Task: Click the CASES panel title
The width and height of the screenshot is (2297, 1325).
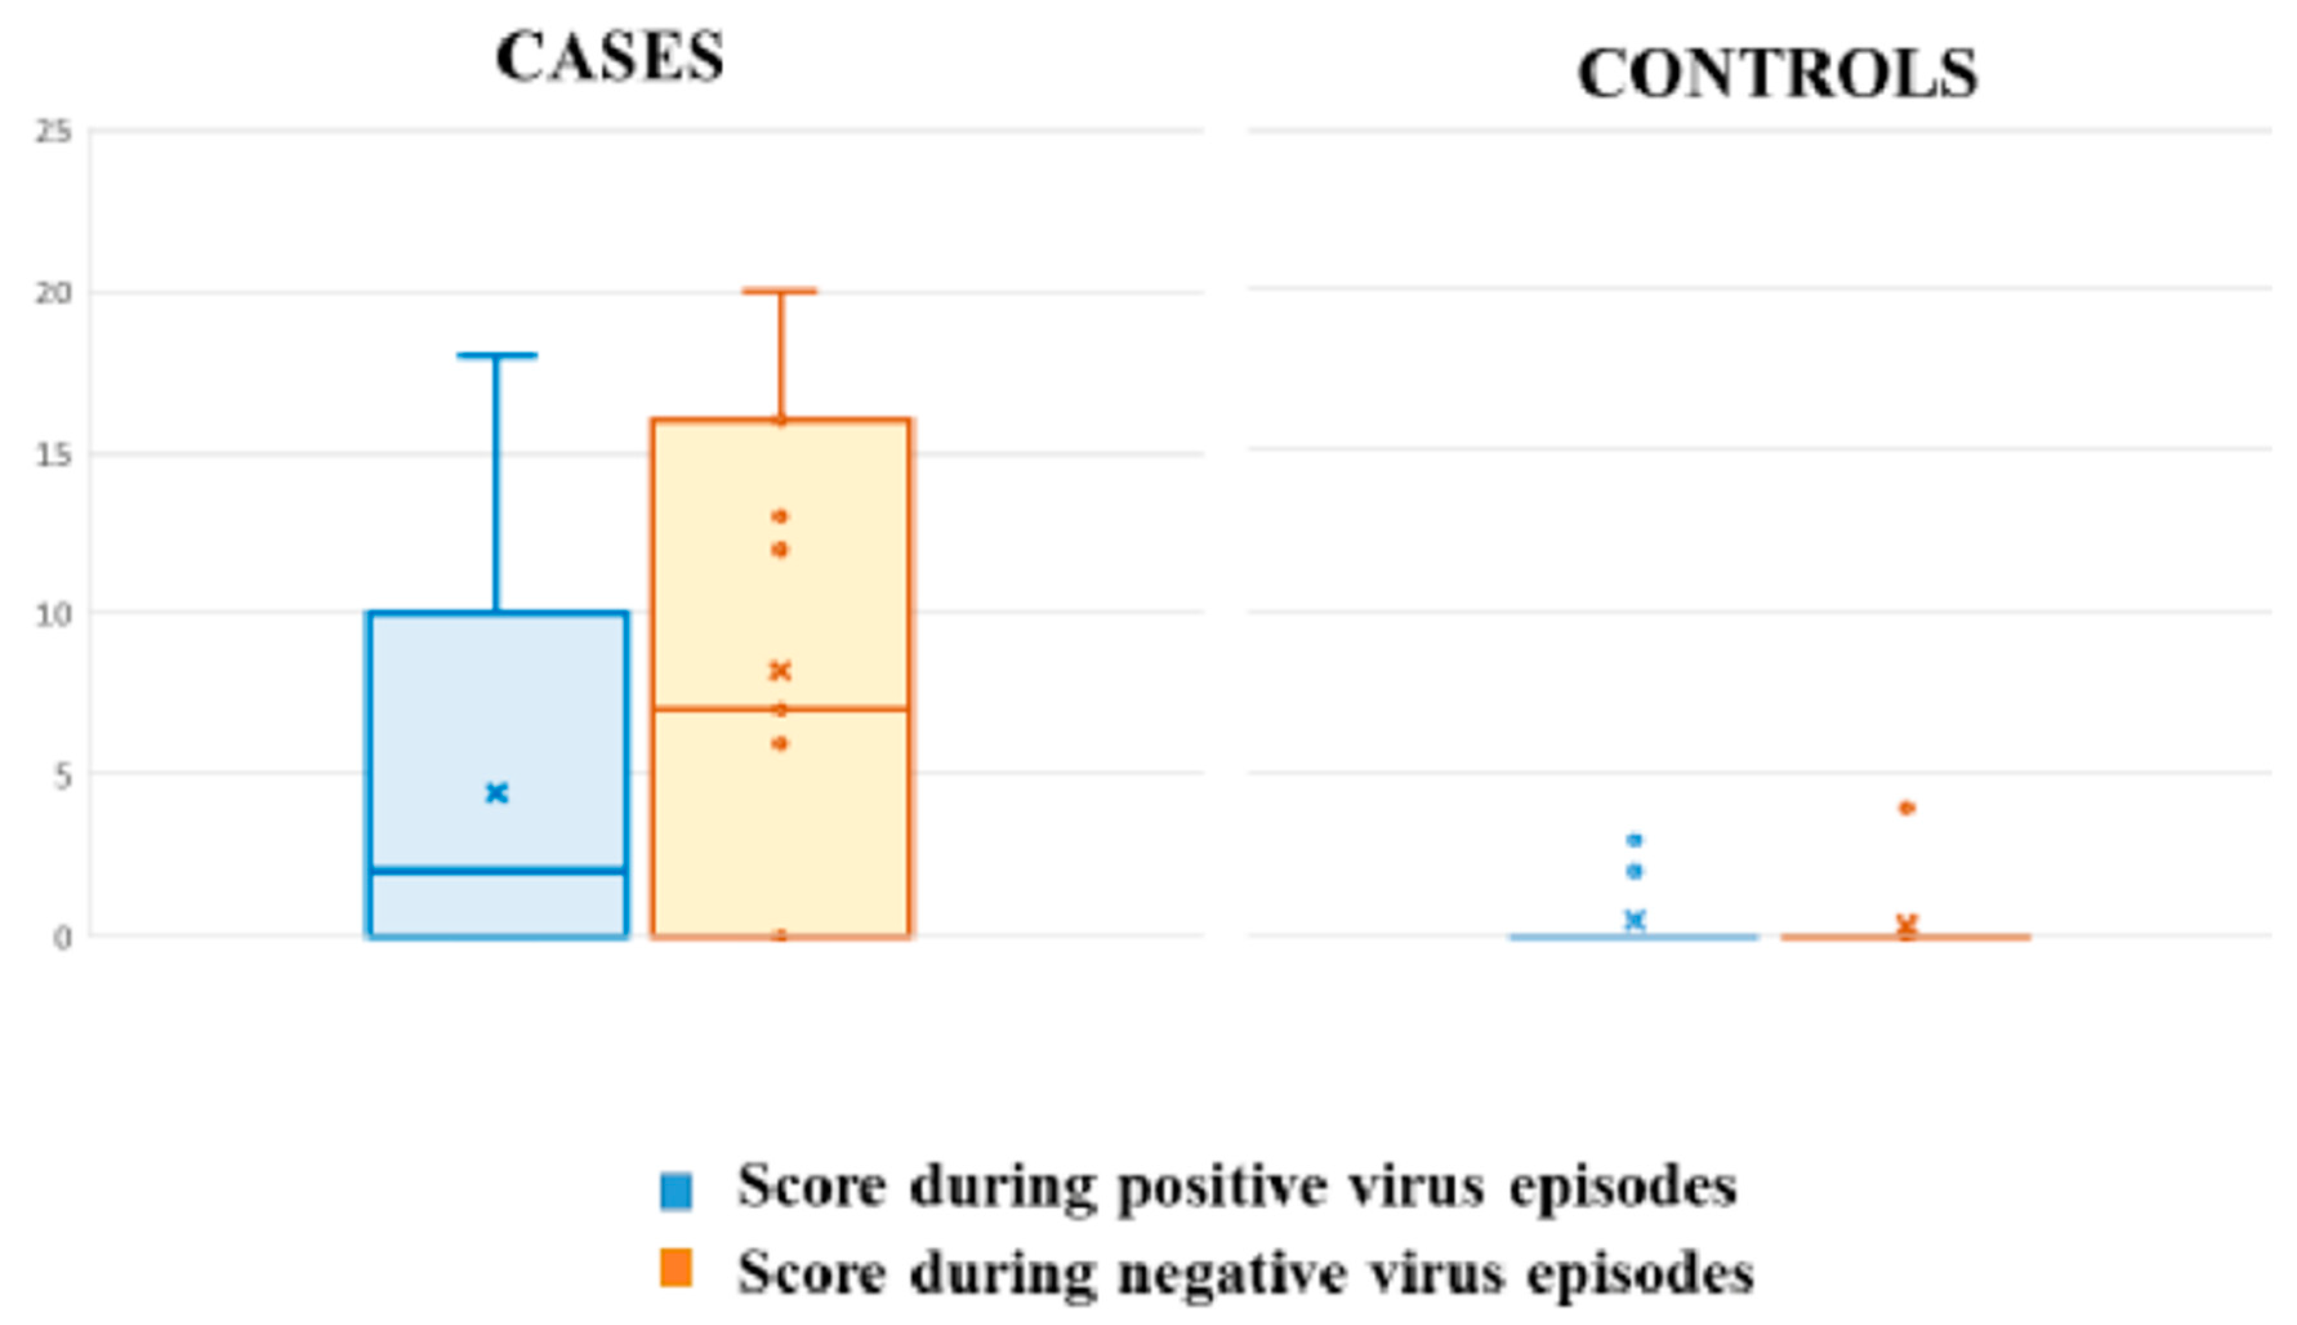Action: tap(609, 57)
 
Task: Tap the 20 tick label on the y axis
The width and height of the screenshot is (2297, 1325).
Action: tap(53, 293)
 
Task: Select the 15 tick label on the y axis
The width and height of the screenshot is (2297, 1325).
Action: tap(53, 454)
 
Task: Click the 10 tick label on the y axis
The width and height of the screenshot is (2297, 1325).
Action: tap(53, 614)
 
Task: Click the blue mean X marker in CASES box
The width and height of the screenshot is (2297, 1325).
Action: tap(496, 793)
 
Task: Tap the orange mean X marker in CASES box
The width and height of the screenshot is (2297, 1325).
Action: tap(780, 671)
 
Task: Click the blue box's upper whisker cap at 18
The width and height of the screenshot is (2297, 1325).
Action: tap(497, 356)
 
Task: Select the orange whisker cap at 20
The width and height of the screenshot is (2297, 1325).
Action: tap(780, 291)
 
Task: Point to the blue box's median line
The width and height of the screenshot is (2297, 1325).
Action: tap(498, 871)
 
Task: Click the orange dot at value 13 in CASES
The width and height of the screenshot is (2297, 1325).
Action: tap(780, 517)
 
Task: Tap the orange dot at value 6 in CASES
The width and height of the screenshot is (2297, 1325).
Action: tap(780, 744)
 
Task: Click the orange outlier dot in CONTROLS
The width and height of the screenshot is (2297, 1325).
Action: tap(1906, 808)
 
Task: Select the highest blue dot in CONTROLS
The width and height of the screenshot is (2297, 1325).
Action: tap(1634, 839)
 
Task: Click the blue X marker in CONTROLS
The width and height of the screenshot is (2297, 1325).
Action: tap(1634, 920)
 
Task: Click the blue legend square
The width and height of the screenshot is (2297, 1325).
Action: tap(676, 1190)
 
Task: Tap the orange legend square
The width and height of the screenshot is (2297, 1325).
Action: tap(676, 1268)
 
